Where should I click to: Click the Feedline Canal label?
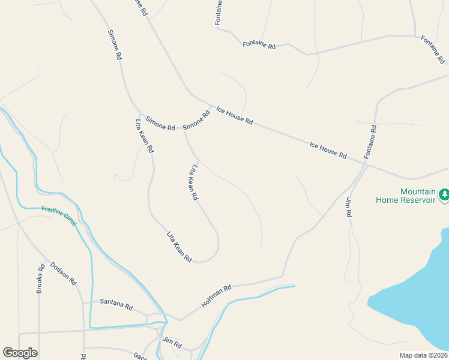point(59,215)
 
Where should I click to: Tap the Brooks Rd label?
point(41,279)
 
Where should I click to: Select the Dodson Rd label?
point(64,273)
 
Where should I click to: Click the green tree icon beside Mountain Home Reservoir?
point(444,194)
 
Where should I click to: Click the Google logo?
point(20,353)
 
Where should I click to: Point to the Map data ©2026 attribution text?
point(423,355)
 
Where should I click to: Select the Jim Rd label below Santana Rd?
point(172,343)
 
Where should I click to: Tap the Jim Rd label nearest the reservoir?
point(348,207)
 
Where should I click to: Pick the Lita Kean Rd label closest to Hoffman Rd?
point(179,247)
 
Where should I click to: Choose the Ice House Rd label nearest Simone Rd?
point(234,115)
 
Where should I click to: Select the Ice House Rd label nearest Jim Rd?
point(328,150)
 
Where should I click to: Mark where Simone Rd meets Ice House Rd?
point(211,107)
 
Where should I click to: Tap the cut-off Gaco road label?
point(141,356)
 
